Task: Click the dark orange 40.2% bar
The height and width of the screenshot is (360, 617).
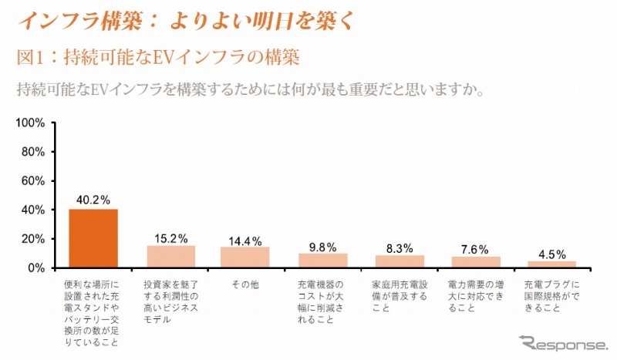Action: pyautogui.click(x=93, y=238)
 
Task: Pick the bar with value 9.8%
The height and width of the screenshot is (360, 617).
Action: pyautogui.click(x=323, y=261)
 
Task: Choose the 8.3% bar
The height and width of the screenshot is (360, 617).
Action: pyautogui.click(x=400, y=262)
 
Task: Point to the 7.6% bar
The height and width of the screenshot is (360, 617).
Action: pyautogui.click(x=476, y=262)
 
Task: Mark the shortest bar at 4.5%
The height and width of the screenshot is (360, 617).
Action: pyautogui.click(x=552, y=264)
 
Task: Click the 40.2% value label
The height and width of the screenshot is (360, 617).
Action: pyautogui.click(x=93, y=200)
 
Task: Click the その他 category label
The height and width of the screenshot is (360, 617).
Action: pyautogui.click(x=244, y=284)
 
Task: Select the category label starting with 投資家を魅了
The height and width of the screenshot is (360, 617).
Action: pyautogui.click(x=171, y=295)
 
